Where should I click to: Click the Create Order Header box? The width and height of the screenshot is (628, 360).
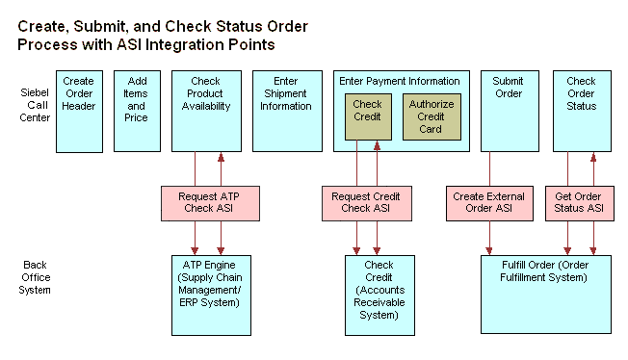[x=79, y=111]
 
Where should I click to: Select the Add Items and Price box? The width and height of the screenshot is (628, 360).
[x=137, y=111]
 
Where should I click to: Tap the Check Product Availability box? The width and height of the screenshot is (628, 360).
[x=207, y=111]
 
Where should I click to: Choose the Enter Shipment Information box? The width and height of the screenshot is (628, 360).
[x=286, y=111]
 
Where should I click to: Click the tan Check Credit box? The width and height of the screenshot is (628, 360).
[x=367, y=116]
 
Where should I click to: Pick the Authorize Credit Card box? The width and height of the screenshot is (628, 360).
[x=432, y=116]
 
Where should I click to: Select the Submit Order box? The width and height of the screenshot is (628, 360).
[x=509, y=111]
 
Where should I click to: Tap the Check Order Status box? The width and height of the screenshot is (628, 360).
[x=581, y=111]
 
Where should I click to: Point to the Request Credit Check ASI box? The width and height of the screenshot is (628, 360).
[x=366, y=202]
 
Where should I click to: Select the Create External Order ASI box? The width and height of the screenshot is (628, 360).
[x=489, y=202]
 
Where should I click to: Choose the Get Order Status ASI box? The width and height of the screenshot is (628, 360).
[x=580, y=202]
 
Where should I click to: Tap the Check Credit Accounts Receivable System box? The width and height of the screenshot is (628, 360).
[x=379, y=294]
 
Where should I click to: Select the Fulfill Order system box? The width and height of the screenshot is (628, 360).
[x=545, y=294]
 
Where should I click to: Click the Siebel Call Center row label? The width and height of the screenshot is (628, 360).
[x=35, y=105]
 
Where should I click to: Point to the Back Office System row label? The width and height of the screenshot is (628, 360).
[x=35, y=277]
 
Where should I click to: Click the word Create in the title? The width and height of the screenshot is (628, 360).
[x=42, y=26]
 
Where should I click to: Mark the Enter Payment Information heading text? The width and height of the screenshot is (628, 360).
[x=399, y=81]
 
